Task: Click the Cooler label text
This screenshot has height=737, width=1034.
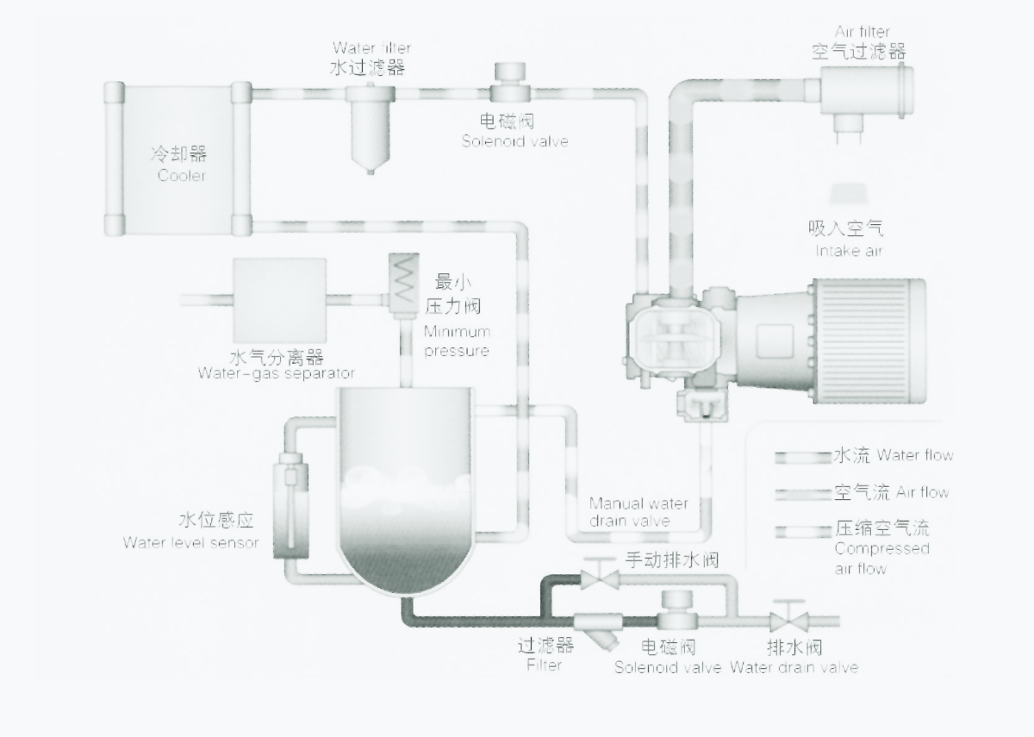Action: click(x=182, y=176)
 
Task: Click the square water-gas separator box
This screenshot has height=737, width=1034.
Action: click(x=279, y=299)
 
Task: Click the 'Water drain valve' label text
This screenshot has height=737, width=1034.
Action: click(x=794, y=667)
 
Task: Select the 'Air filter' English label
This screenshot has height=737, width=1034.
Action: click(x=862, y=33)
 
